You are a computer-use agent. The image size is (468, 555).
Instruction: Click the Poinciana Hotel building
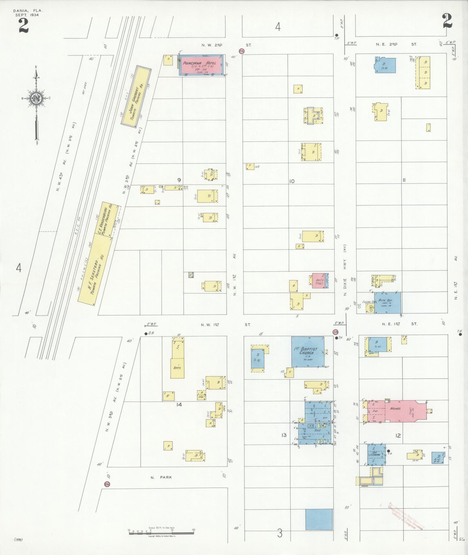click(x=201, y=65)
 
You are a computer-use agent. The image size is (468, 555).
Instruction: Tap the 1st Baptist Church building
click(x=308, y=352)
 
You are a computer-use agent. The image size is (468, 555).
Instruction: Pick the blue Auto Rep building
click(x=388, y=303)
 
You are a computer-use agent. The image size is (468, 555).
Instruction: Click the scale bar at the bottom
click(x=161, y=532)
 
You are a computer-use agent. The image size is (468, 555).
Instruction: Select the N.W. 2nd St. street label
click(x=226, y=45)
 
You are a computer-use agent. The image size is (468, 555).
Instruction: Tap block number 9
click(x=179, y=180)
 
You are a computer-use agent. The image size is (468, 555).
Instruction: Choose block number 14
click(x=179, y=404)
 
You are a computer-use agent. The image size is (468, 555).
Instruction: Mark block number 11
click(x=404, y=180)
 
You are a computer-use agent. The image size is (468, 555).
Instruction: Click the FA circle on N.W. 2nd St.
click(x=242, y=51)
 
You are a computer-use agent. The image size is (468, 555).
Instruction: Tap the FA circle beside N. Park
click(x=107, y=484)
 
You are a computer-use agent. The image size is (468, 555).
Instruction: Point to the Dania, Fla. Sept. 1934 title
click(x=26, y=13)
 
